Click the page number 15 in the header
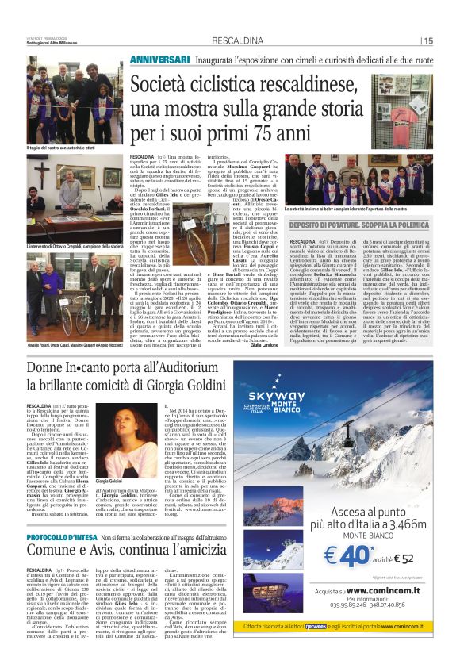tap(428, 40)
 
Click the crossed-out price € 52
tap(396, 559)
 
